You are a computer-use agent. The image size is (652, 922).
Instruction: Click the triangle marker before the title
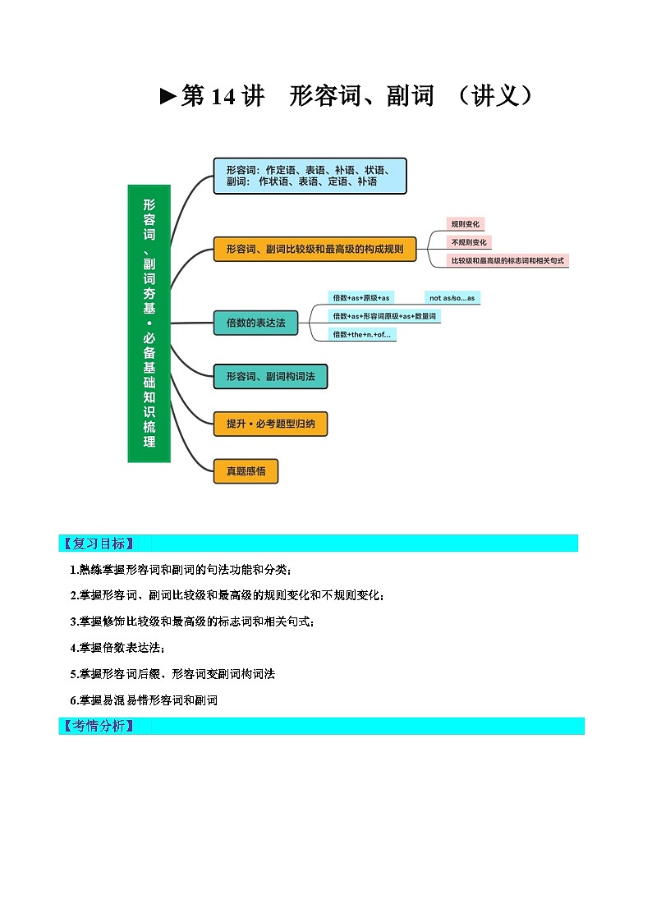tap(168, 97)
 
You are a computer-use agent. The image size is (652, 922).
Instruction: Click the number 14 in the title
tap(223, 97)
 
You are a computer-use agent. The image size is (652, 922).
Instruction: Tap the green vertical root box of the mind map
tap(149, 323)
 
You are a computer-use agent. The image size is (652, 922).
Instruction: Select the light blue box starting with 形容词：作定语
tap(310, 176)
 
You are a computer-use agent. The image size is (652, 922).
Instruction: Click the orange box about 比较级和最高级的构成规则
tap(315, 248)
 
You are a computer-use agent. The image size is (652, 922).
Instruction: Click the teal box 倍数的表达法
tap(255, 323)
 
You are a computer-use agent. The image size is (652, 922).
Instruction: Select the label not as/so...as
tap(452, 297)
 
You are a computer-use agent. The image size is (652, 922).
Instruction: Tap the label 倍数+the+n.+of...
tap(362, 334)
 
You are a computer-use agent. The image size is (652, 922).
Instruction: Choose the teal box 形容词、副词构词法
tap(270, 376)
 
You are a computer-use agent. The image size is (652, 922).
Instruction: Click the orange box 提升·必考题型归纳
tap(270, 424)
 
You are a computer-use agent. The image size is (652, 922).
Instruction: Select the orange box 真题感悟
tap(246, 471)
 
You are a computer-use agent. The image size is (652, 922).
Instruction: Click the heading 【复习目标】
tap(98, 544)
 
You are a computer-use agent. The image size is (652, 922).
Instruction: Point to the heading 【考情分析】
tap(98, 726)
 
